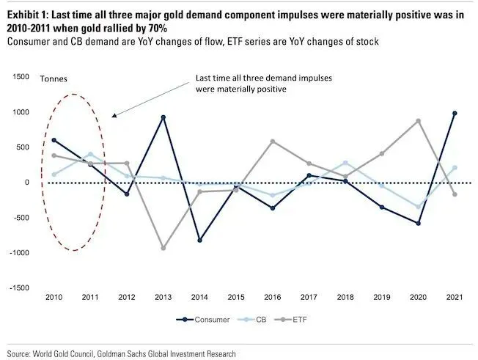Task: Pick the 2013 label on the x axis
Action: point(163,297)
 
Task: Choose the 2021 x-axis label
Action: point(455,297)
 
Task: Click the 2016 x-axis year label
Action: point(273,297)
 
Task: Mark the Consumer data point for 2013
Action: point(163,117)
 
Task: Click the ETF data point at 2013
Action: point(163,248)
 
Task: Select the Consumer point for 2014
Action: point(199,240)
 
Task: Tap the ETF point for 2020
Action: point(418,120)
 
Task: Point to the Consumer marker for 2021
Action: point(455,113)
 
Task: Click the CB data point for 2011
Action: point(90,154)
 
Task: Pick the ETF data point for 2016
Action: point(272,141)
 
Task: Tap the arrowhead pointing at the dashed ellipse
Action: point(111,116)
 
